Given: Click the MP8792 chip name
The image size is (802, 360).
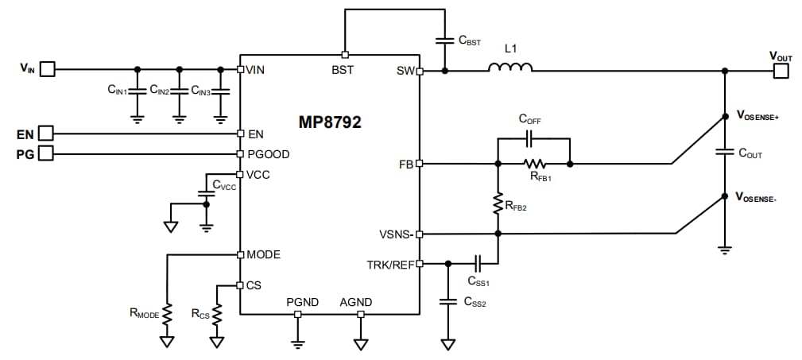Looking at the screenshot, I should coord(330,122).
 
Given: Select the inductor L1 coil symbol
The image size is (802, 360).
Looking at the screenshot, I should coord(509,70).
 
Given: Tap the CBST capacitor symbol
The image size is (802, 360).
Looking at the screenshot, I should coord(444,39).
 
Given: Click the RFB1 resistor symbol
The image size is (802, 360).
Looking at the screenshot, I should coord(534,165).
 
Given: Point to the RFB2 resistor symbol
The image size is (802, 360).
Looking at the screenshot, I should coord(498,203).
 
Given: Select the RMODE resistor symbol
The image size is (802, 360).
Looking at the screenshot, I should coord(168,313).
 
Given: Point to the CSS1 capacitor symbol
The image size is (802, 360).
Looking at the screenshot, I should coord(478,263).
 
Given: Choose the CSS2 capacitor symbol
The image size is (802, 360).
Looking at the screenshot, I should coord(448,301).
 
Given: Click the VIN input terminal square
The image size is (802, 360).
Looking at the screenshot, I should coord(48,69).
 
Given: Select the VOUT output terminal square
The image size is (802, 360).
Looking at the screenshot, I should coord(781,71).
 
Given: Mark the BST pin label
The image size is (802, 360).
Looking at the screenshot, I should coord(343,69).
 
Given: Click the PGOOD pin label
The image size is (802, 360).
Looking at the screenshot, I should coord(268,154).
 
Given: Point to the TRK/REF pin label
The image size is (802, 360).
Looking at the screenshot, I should coord(390,264).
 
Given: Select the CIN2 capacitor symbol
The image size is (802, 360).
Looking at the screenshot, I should coord(180,91).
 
